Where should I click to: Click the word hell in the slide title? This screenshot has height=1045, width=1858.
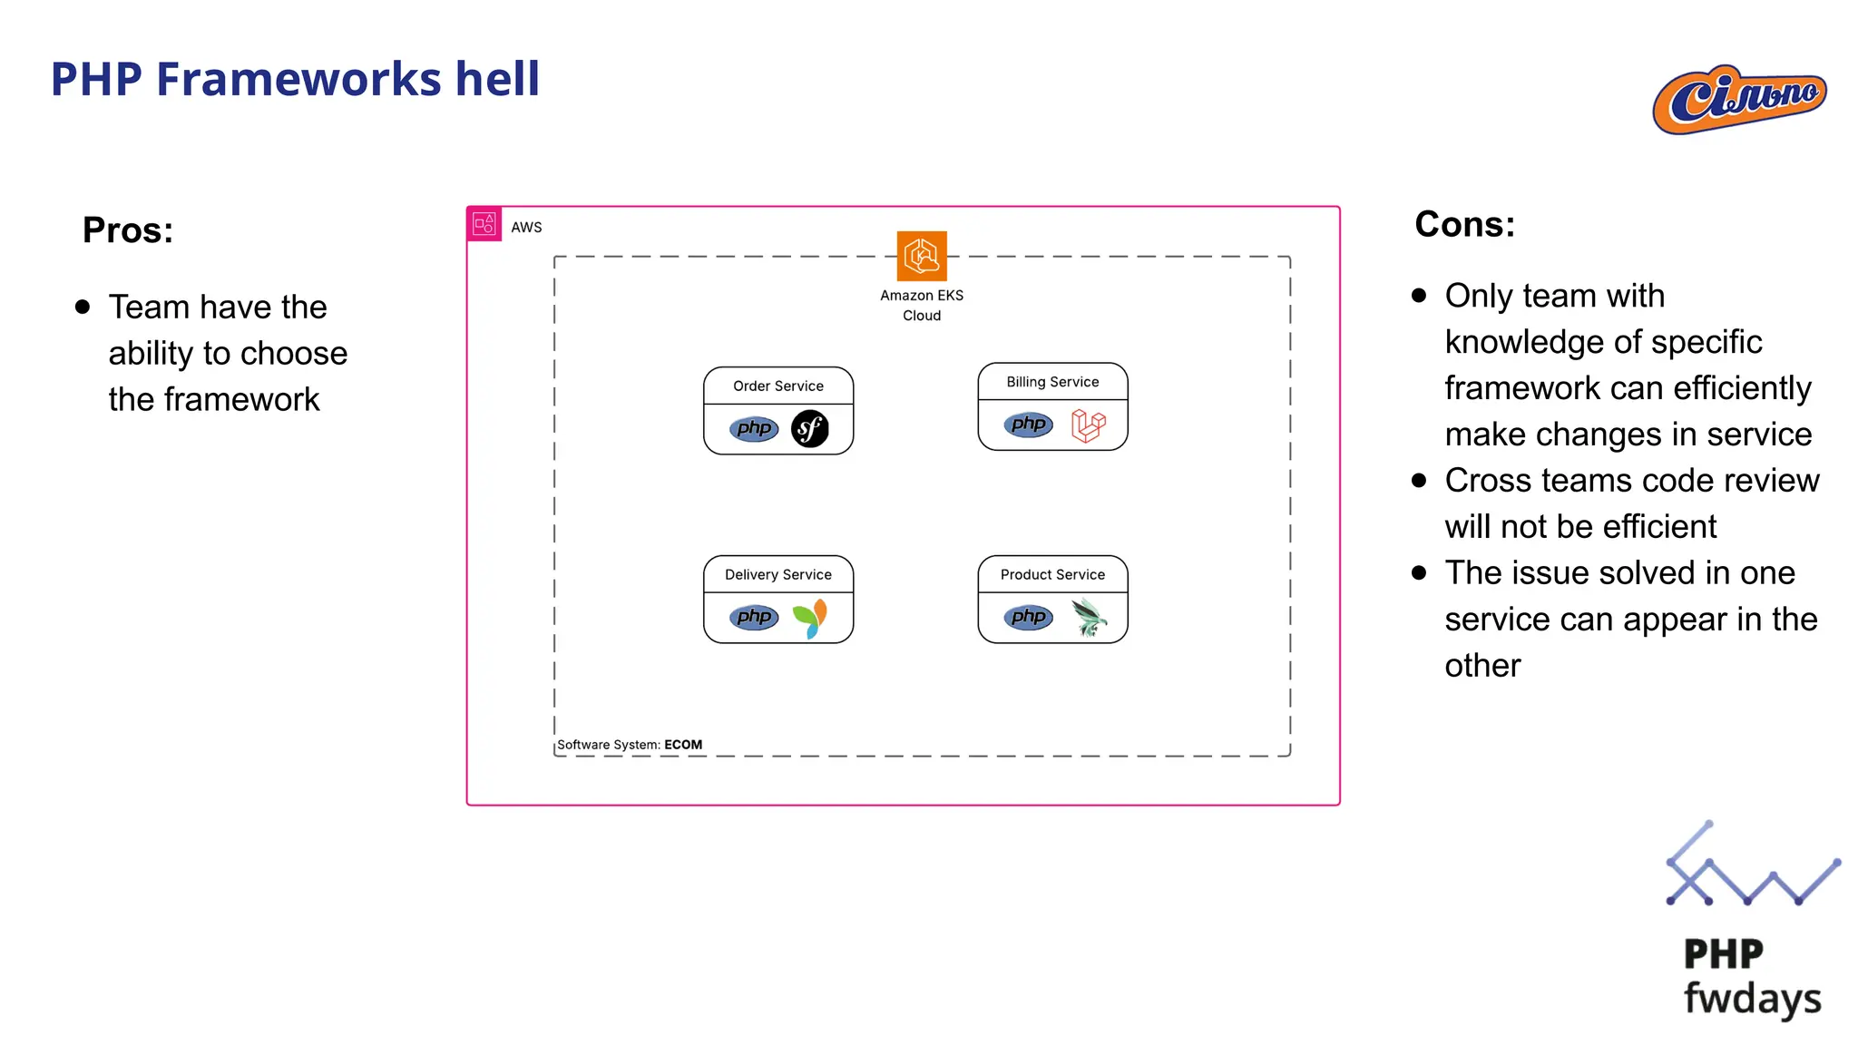click(497, 79)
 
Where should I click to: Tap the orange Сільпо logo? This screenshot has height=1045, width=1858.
click(1739, 99)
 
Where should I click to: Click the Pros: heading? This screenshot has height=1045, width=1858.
click(128, 230)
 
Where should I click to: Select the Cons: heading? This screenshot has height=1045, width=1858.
click(1464, 224)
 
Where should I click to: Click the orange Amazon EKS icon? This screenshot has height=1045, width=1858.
click(922, 257)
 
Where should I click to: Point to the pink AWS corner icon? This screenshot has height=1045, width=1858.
click(484, 224)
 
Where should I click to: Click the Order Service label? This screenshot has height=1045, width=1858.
click(778, 386)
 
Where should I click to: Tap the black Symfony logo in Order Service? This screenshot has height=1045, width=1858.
click(810, 429)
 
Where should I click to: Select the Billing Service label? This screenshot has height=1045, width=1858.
click(1052, 382)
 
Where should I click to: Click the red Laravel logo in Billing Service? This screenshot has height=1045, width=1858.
click(1088, 425)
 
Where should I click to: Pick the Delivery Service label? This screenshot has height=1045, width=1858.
click(778, 575)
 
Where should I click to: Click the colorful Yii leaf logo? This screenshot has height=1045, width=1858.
click(810, 619)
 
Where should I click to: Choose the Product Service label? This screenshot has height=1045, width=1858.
click(1052, 575)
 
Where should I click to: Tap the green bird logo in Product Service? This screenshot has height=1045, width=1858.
click(1088, 618)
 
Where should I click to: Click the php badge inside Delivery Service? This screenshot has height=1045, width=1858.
click(754, 618)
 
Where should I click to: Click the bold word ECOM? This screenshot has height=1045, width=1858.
click(683, 745)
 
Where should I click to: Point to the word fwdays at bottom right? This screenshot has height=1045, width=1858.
click(1752, 999)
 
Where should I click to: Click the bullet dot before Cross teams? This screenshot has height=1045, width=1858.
click(1420, 481)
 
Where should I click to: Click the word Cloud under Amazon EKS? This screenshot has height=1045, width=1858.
click(922, 316)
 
